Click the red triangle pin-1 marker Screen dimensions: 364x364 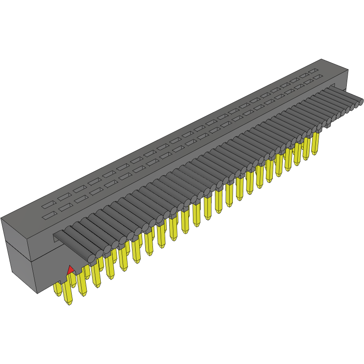click(x=70, y=270)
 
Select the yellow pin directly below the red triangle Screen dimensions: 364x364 click(x=68, y=290)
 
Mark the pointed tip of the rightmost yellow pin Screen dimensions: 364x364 click(x=315, y=154)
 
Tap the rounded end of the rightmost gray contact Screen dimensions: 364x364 click(x=361, y=102)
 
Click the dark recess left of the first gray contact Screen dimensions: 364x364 click(x=58, y=236)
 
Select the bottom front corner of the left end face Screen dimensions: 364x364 click(x=37, y=293)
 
